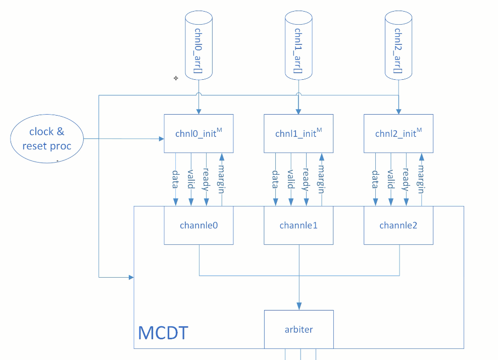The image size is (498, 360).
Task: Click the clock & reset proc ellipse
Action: [47, 139]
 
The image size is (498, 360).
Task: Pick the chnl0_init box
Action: [198, 134]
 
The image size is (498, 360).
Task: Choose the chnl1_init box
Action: [298, 134]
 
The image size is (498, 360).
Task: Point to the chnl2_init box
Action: [399, 134]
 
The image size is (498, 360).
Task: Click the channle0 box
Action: [198, 225]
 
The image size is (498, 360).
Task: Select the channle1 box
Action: [298, 225]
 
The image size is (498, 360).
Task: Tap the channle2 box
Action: [399, 225]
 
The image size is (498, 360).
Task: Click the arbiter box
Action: [298, 329]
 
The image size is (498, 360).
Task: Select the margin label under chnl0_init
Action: [221, 179]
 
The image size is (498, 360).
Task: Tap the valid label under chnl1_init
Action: [290, 179]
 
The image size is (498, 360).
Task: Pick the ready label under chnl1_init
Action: [306, 179]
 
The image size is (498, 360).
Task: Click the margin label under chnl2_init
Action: [421, 179]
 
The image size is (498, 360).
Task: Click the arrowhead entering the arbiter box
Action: [298, 306]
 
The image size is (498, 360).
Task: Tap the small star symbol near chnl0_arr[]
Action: [176, 78]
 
